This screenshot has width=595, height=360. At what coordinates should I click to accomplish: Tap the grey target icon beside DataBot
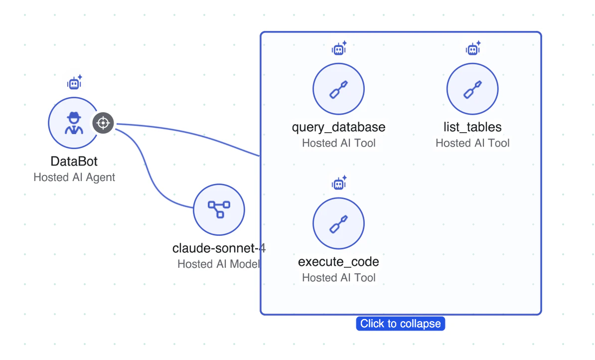click(103, 123)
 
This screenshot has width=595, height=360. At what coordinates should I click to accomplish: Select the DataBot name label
click(74, 162)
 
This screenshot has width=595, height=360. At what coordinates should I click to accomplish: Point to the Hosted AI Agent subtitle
click(74, 177)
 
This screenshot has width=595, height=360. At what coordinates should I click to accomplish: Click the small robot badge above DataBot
click(75, 83)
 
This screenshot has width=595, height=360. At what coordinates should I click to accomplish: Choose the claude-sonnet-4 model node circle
click(219, 209)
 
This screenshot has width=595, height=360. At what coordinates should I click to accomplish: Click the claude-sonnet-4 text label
click(215, 248)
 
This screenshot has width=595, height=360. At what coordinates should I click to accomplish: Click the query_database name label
click(338, 127)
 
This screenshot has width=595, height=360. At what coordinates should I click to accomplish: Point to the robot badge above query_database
click(339, 49)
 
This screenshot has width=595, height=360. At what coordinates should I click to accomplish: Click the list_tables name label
click(472, 127)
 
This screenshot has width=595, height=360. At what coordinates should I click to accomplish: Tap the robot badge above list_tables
click(473, 49)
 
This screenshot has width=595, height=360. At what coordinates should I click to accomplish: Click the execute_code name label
click(338, 262)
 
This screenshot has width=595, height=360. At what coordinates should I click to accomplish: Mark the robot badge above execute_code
click(339, 183)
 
